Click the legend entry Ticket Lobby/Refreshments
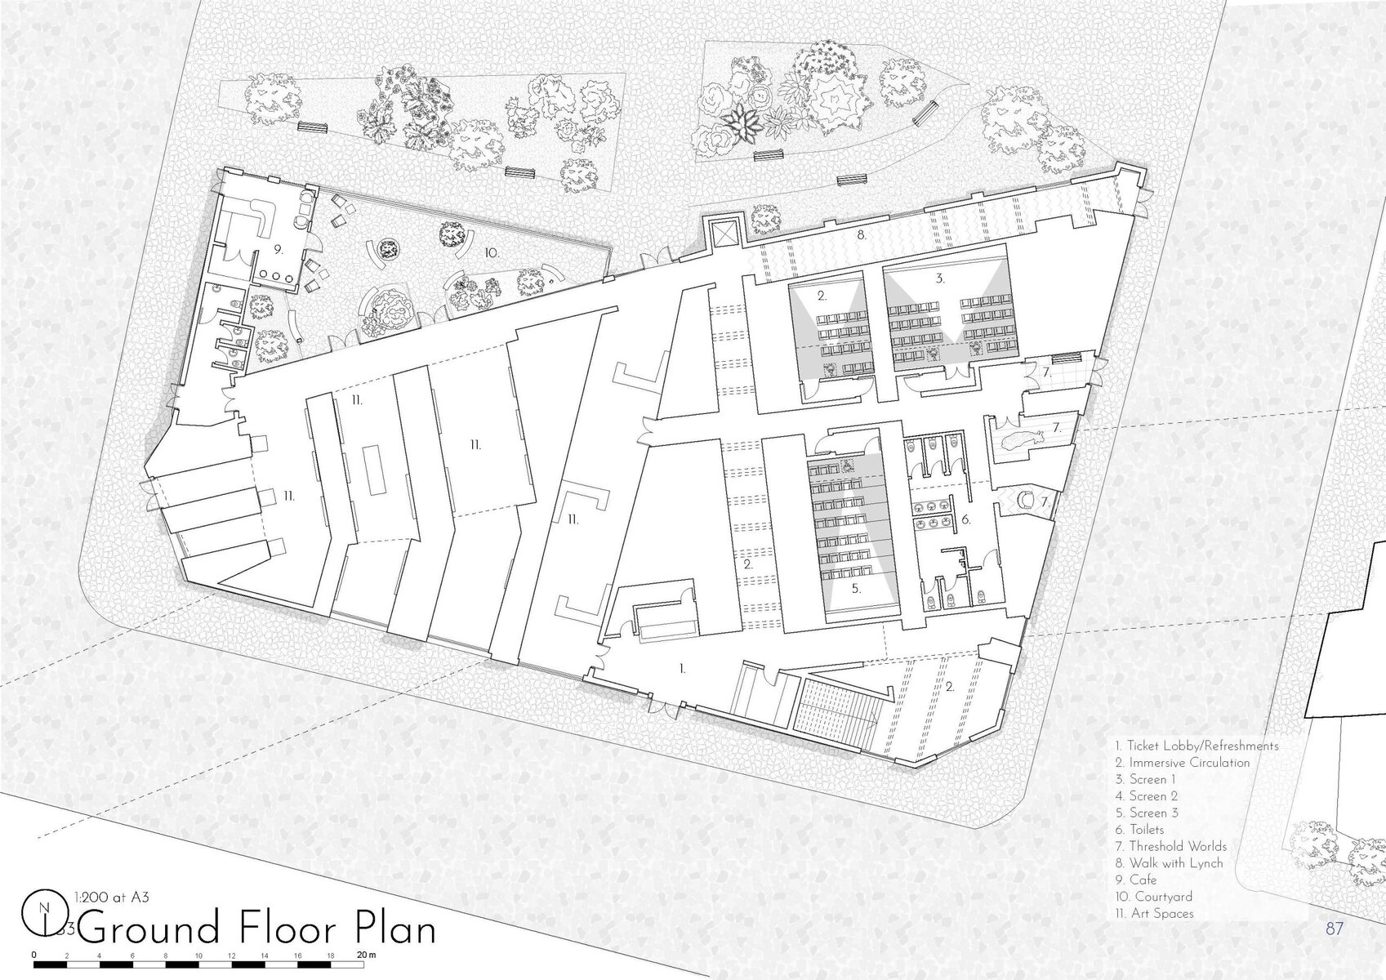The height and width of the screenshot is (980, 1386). (1197, 746)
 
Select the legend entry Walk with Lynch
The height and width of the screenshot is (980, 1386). (1169, 863)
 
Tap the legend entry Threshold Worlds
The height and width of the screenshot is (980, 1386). (1170, 846)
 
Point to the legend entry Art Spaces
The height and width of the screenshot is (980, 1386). (1155, 913)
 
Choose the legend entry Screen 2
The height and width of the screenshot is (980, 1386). (1147, 796)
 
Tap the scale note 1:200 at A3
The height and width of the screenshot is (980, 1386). (112, 897)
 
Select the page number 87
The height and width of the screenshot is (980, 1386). (1335, 929)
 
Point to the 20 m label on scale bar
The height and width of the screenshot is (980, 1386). (367, 955)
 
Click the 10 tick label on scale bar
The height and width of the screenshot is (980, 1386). (198, 955)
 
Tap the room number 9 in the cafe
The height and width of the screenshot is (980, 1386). (279, 250)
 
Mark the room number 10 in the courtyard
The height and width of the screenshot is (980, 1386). (492, 253)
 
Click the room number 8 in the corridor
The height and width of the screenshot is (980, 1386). (862, 236)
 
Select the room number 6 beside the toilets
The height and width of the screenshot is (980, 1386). (966, 519)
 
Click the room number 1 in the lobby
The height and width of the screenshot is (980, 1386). (683, 668)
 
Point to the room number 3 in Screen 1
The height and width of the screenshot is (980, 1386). (940, 279)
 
